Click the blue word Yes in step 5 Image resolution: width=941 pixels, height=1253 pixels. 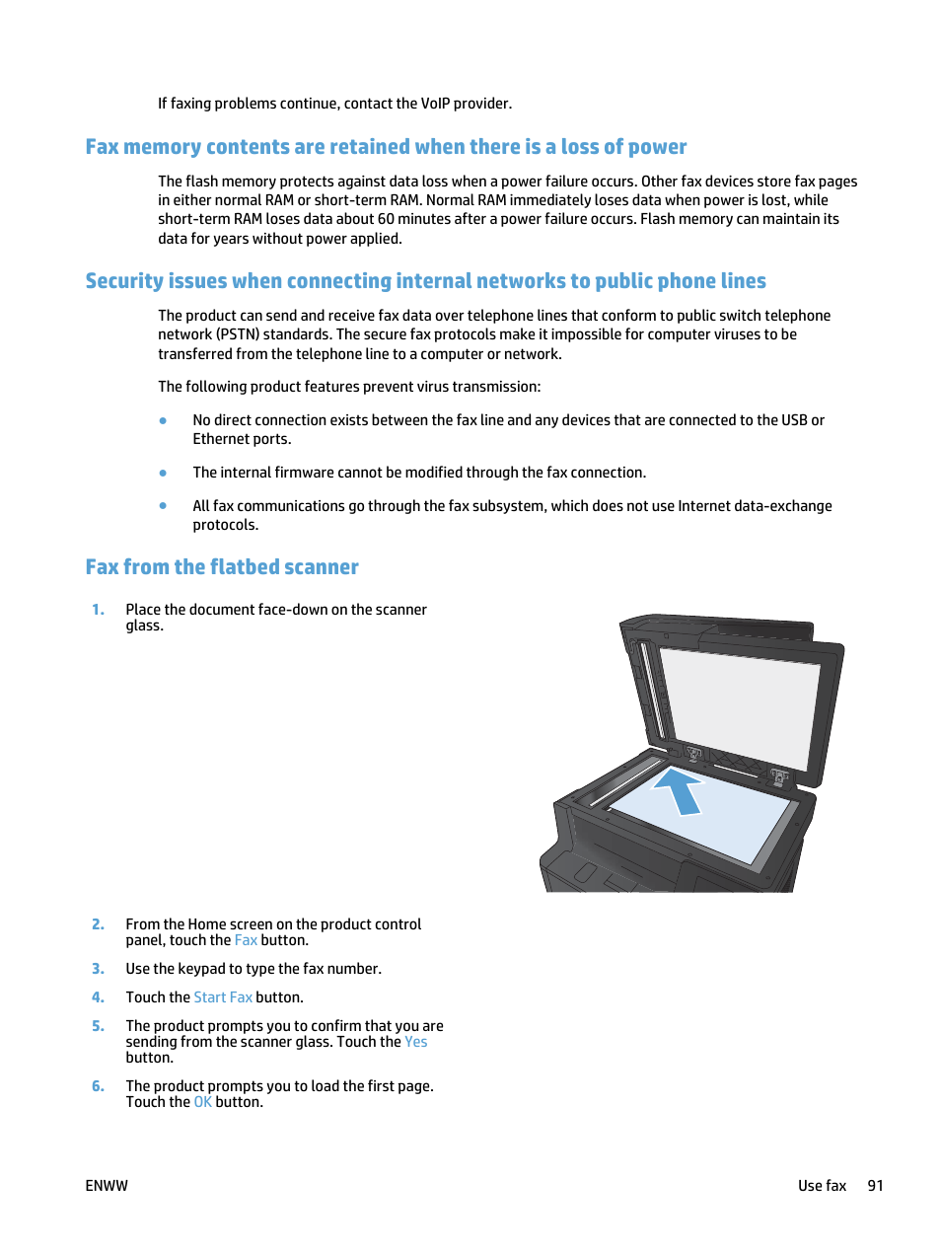pyautogui.click(x=415, y=1042)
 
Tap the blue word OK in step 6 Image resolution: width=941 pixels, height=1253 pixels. pyautogui.click(x=202, y=1102)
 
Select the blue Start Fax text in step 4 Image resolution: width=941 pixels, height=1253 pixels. pyautogui.click(x=223, y=997)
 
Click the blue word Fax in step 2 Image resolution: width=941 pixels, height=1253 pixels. pyautogui.click(x=246, y=940)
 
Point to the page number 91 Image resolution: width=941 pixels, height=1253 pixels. pyautogui.click(x=875, y=1186)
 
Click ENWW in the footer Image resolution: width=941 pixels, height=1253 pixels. pyautogui.click(x=107, y=1186)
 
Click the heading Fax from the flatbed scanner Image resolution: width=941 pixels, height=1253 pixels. pyautogui.click(x=222, y=567)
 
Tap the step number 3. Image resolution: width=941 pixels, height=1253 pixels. pyautogui.click(x=98, y=969)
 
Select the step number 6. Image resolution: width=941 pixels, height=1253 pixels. pyautogui.click(x=98, y=1086)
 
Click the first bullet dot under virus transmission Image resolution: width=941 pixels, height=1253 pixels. pyautogui.click(x=163, y=420)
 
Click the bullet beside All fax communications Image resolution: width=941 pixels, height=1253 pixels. pyautogui.click(x=163, y=506)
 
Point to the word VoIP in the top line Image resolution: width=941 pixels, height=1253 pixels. pyautogui.click(x=435, y=104)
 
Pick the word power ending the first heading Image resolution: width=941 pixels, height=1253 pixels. pyautogui.click(x=657, y=147)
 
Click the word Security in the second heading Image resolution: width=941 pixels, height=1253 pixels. pyautogui.click(x=124, y=281)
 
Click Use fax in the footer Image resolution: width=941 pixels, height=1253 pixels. pyautogui.click(x=822, y=1186)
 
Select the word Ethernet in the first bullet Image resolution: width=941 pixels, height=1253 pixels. pyautogui.click(x=220, y=439)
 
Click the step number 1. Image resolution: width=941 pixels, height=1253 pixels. pyautogui.click(x=98, y=610)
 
